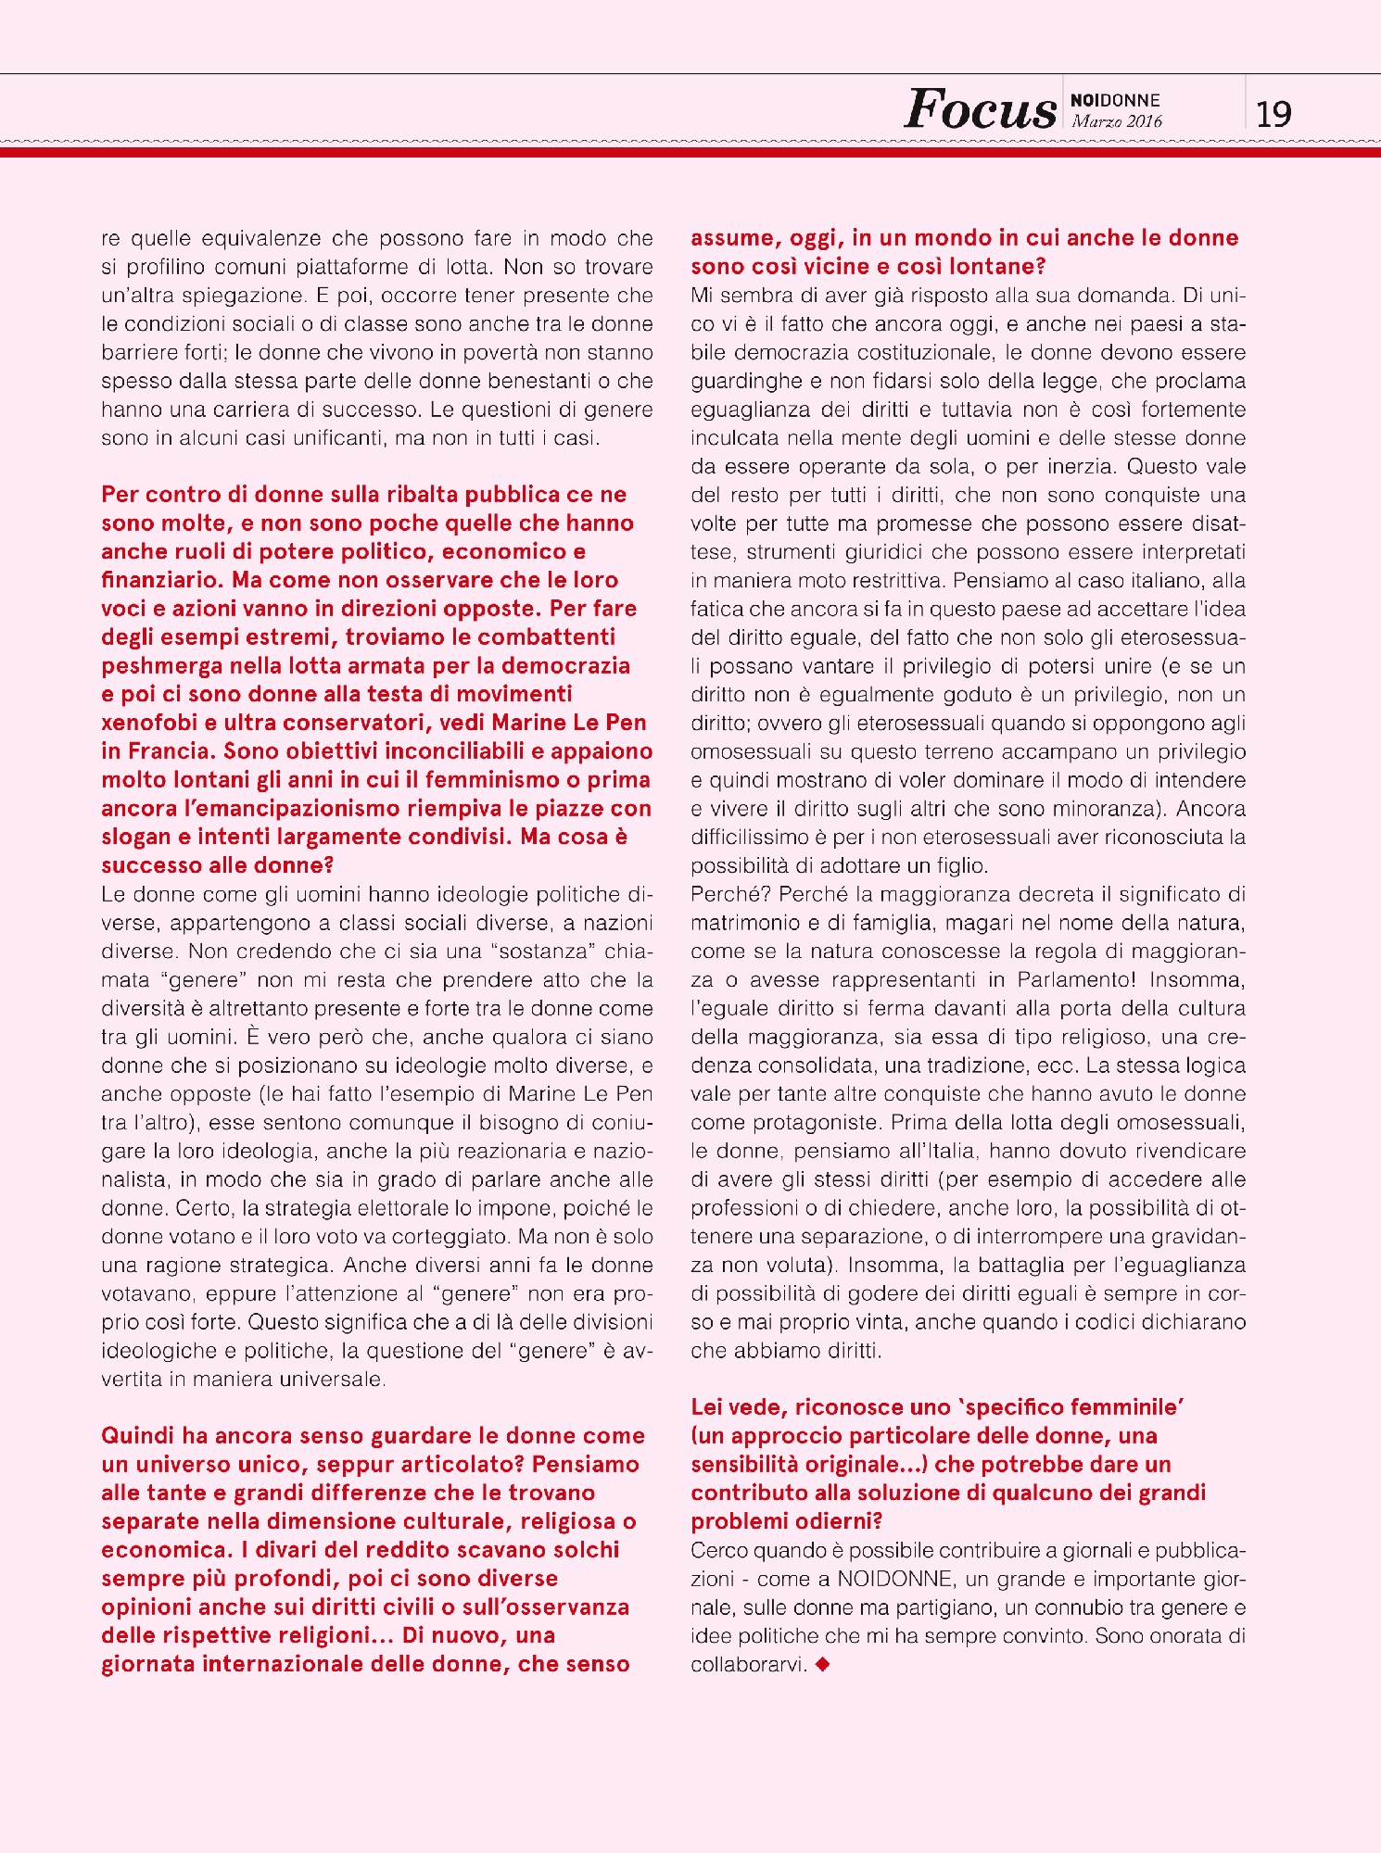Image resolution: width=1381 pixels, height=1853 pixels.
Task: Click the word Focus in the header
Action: coord(980,110)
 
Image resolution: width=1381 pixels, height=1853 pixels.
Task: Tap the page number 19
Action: coord(1273,114)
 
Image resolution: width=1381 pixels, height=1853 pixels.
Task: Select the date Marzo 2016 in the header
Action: coord(1116,121)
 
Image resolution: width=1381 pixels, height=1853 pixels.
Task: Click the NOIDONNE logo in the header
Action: coord(1115,100)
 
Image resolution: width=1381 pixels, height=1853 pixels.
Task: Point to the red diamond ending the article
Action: coord(822,1665)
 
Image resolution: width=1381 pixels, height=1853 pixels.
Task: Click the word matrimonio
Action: coord(748,923)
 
